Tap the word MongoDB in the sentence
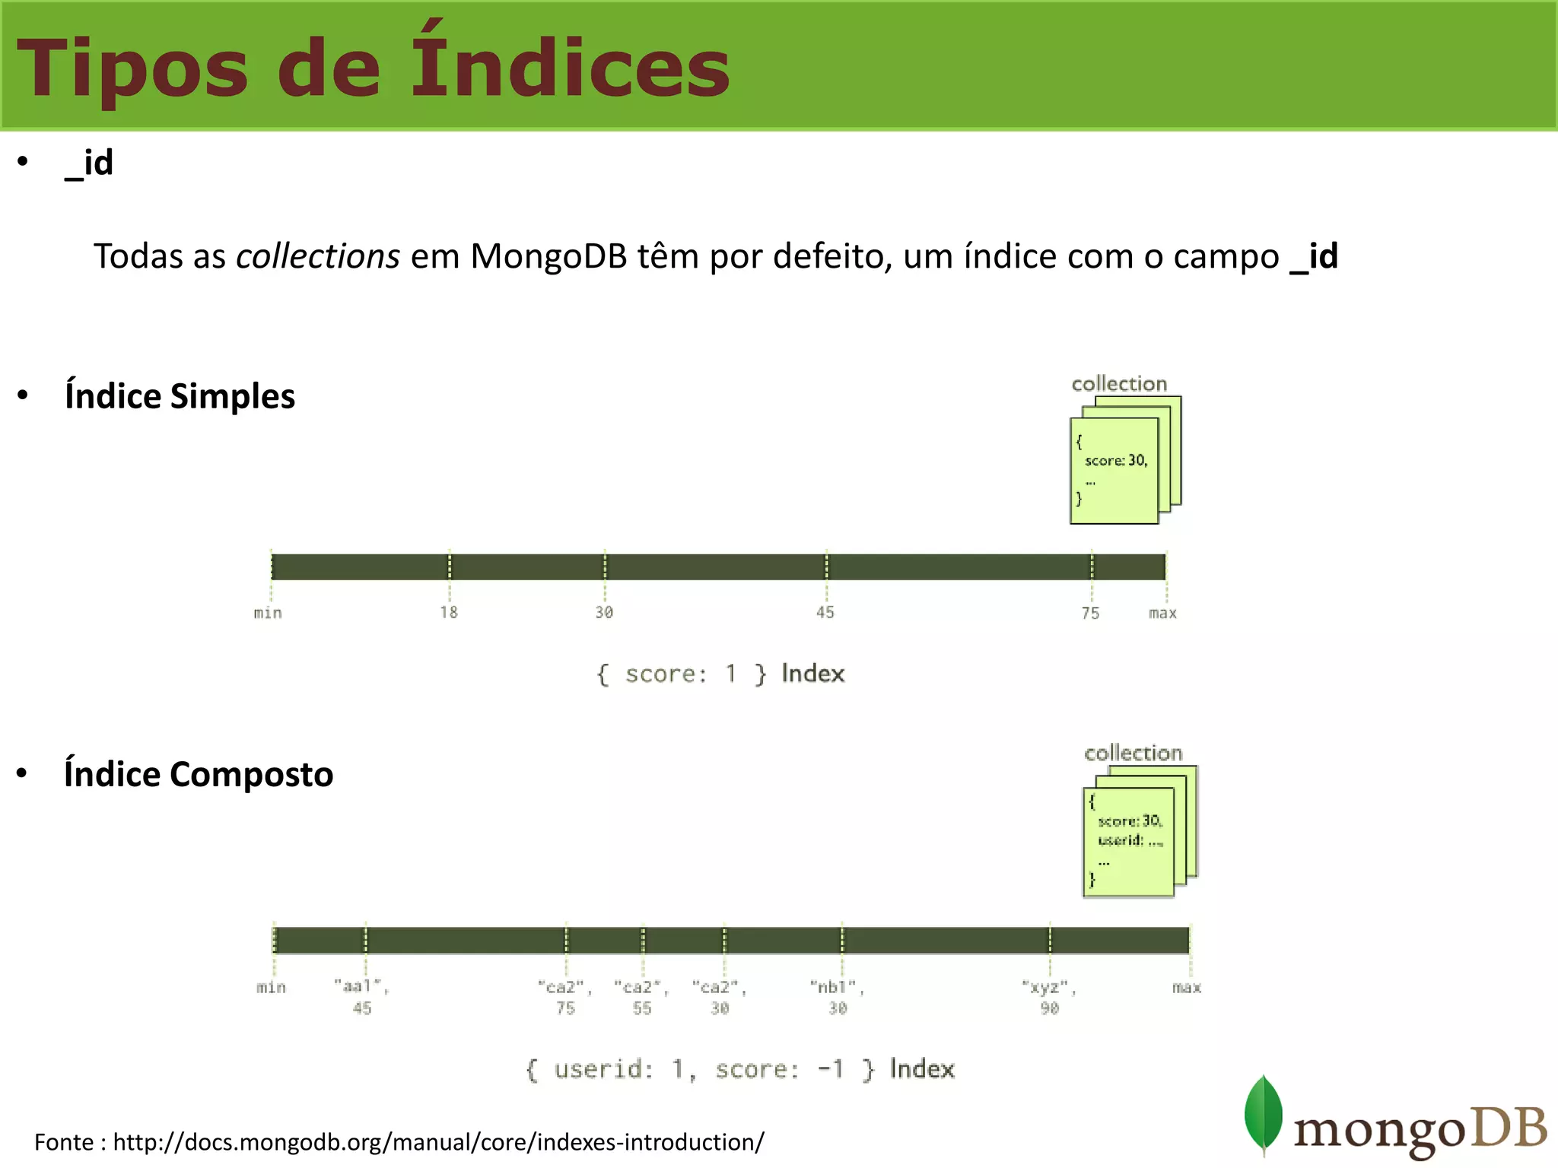click(x=548, y=256)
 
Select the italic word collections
click(x=317, y=256)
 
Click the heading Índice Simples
click(x=180, y=396)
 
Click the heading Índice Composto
click(x=199, y=774)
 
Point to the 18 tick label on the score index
click(x=449, y=612)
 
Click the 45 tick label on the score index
click(x=825, y=612)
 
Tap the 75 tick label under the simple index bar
click(x=1090, y=613)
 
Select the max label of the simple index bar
click(x=1162, y=613)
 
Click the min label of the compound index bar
click(x=271, y=987)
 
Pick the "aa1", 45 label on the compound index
click(x=362, y=997)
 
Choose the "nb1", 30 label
click(x=838, y=997)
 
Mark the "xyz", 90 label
click(x=1049, y=997)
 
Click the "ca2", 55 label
click(x=642, y=997)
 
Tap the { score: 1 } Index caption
click(x=720, y=674)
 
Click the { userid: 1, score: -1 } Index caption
click(x=739, y=1069)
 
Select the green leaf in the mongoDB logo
click(x=1263, y=1114)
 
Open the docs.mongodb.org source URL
click(x=438, y=1142)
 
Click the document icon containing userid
click(x=1129, y=842)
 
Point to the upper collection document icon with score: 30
click(x=1114, y=470)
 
